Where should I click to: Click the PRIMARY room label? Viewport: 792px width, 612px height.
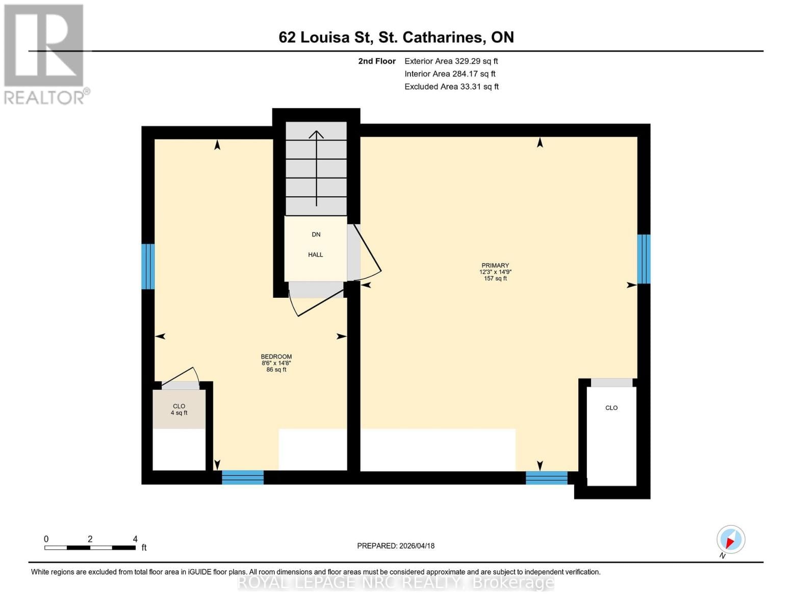pos(495,266)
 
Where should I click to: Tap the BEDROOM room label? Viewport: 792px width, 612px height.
pos(276,357)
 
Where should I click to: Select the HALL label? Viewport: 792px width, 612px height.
pos(315,254)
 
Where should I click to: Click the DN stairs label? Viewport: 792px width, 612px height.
pos(316,235)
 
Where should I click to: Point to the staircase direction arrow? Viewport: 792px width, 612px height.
pos(316,168)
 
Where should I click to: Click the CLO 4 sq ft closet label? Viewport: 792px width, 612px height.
pos(179,410)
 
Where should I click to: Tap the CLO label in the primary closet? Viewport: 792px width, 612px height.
pos(611,408)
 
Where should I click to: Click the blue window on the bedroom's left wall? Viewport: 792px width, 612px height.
pos(148,266)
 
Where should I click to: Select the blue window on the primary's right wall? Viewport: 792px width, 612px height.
pos(644,259)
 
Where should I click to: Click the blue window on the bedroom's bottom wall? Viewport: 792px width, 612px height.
pos(243,477)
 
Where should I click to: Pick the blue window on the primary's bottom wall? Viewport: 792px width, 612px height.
pos(546,478)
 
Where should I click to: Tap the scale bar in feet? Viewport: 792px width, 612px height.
pos(90,547)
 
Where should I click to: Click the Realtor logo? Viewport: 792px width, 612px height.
pos(44,54)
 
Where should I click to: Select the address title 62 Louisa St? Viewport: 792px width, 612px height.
pos(396,37)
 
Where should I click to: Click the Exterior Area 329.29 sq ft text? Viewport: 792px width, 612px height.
pos(451,61)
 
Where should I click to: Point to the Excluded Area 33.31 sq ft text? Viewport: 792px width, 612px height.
pos(451,87)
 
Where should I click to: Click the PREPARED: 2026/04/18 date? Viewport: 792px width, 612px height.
pos(396,546)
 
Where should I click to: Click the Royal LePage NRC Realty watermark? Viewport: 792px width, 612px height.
pos(396,582)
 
